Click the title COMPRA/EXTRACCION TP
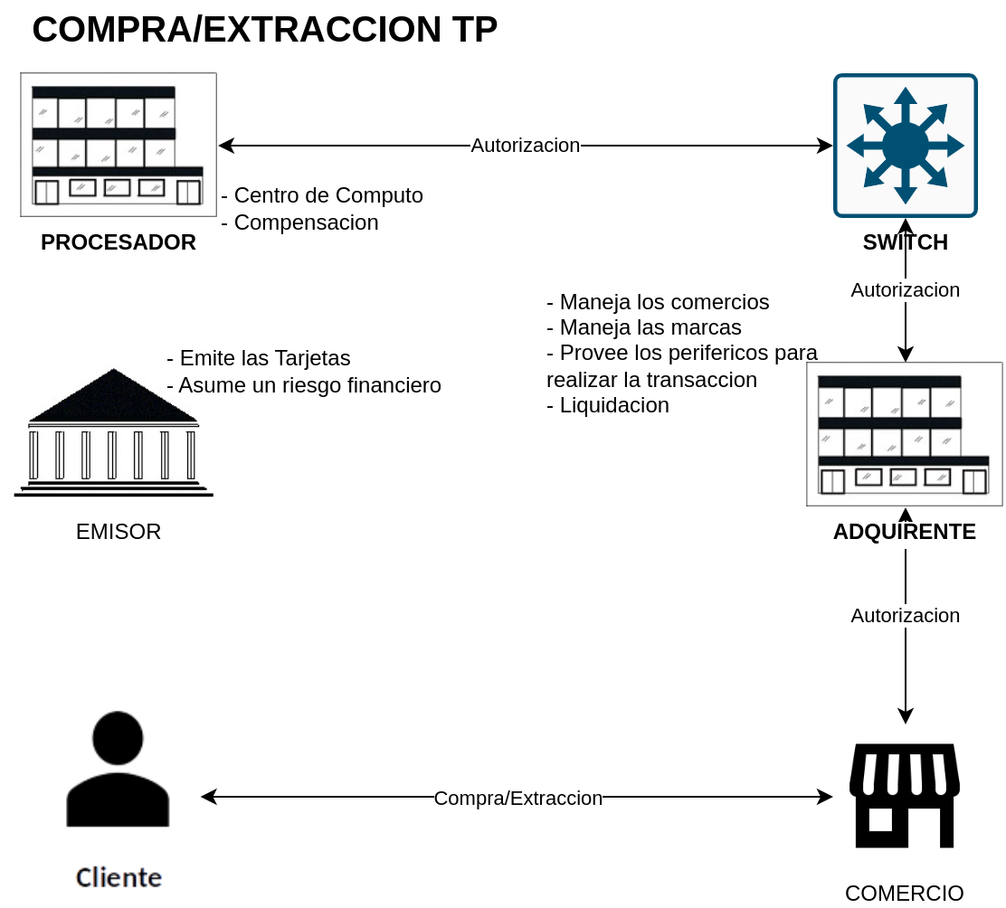[x=265, y=30]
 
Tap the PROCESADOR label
[x=119, y=242]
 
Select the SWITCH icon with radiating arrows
[x=906, y=146]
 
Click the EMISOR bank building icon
[x=114, y=433]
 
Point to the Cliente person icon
[x=118, y=769]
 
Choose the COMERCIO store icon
[x=905, y=796]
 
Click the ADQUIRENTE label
[x=905, y=532]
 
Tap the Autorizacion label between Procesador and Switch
[x=526, y=146]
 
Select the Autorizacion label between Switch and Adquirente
[x=906, y=289]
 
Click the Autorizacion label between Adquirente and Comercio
[x=906, y=616]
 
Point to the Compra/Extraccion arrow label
[x=518, y=799]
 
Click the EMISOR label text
[x=119, y=532]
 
